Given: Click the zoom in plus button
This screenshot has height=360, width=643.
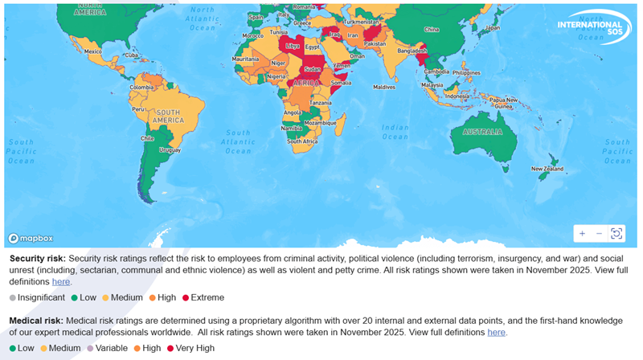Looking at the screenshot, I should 582,233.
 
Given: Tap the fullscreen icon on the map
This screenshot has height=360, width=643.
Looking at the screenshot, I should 616,233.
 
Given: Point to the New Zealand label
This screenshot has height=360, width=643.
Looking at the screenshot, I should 547,169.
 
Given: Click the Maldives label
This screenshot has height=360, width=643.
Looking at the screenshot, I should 384,86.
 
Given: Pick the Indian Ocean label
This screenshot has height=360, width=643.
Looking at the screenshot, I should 395,132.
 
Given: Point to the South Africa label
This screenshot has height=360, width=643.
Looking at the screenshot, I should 303,141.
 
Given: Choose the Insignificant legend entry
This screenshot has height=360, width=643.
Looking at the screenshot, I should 40,297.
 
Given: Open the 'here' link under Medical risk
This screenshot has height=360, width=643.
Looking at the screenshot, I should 496,332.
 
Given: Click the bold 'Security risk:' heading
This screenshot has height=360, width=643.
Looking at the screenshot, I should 38,259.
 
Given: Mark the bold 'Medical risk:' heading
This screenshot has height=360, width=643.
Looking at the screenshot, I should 36,320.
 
